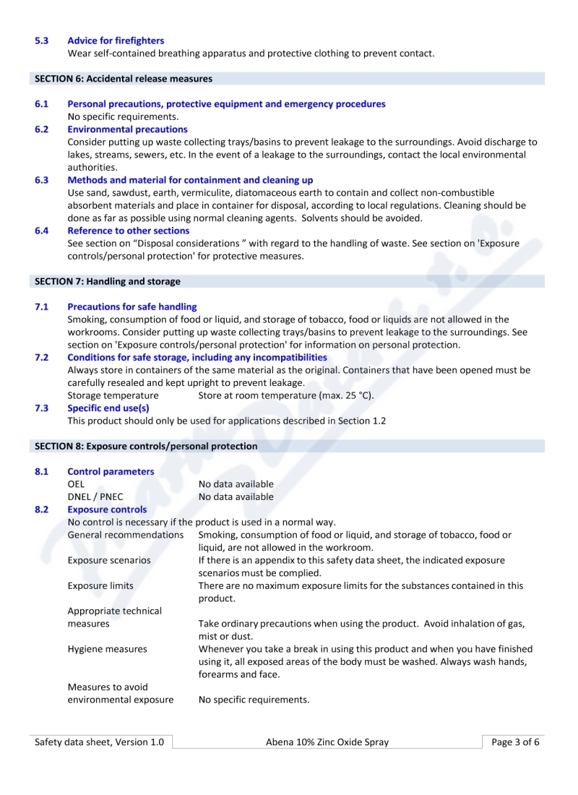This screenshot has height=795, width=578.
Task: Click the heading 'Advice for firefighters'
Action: click(x=116, y=40)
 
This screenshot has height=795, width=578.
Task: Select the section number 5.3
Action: click(x=42, y=40)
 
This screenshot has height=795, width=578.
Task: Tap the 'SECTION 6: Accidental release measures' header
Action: click(x=124, y=79)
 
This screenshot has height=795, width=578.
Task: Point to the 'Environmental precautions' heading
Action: click(x=127, y=129)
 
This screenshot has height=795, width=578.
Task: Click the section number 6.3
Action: click(x=42, y=180)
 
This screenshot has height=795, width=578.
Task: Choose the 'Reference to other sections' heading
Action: click(x=128, y=231)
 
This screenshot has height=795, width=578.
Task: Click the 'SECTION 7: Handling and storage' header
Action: click(x=108, y=281)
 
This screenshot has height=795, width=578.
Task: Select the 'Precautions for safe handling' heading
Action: click(x=131, y=307)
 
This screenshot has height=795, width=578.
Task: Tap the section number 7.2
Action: click(x=42, y=357)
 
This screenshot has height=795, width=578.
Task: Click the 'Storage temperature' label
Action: click(x=113, y=395)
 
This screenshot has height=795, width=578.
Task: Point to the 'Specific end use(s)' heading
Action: click(x=108, y=408)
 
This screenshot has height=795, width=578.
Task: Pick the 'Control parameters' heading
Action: click(x=111, y=472)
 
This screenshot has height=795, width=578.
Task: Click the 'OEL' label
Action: click(x=76, y=484)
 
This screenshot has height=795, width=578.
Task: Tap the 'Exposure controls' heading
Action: click(x=107, y=510)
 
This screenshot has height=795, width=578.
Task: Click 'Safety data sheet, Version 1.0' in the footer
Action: click(x=100, y=742)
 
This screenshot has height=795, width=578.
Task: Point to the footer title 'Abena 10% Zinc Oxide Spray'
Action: click(x=327, y=742)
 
